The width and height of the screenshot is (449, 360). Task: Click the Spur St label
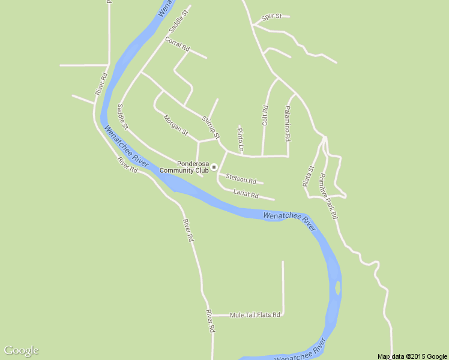coord(271,16)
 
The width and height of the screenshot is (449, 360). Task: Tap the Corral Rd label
coord(177,44)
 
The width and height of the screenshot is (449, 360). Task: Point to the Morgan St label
coord(176,124)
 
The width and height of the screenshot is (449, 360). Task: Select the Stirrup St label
coord(211,126)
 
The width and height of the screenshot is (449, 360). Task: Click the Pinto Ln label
coord(241,139)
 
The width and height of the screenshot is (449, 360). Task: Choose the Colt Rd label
coord(265,115)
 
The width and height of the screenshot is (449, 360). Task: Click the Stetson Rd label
coord(241,179)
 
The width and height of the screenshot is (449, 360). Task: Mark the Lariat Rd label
coord(246,194)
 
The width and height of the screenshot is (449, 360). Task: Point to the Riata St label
coord(308,176)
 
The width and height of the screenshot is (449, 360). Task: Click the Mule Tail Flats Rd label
coord(255,314)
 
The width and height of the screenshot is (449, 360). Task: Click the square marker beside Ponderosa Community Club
coord(214,167)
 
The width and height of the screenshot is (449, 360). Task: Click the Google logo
coord(21,350)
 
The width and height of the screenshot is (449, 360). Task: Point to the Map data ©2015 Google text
coord(412,356)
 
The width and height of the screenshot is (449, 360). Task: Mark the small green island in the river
coord(338,288)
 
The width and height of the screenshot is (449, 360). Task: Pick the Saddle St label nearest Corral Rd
coord(179,20)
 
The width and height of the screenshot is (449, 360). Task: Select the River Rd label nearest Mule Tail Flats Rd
coord(210,321)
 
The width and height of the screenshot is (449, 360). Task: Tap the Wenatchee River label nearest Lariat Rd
coord(289,220)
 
